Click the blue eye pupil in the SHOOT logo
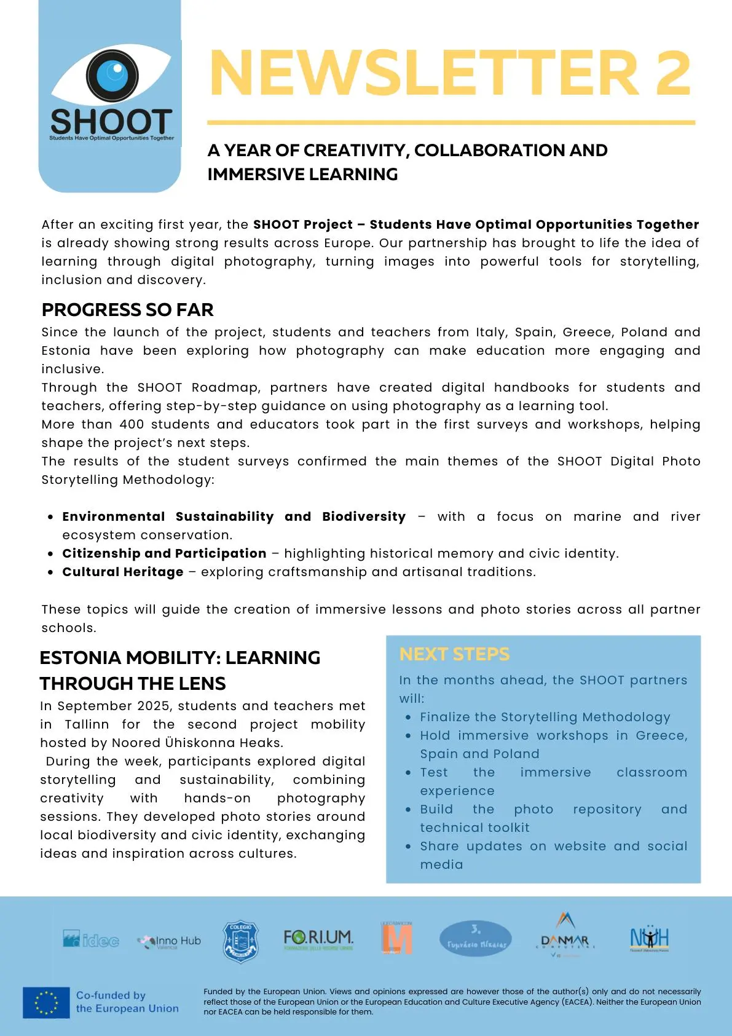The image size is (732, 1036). (112, 75)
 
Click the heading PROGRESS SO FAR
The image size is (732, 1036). (127, 309)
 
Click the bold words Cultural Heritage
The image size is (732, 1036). (123, 572)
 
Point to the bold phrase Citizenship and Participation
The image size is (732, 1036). (164, 553)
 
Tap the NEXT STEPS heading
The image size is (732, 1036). (454, 654)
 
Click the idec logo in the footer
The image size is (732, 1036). (91, 939)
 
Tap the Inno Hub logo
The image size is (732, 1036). (170, 941)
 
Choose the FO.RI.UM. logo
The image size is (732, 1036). (318, 939)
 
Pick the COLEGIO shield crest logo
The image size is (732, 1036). (240, 941)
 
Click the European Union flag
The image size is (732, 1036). (46, 1002)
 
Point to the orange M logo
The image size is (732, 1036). (396, 939)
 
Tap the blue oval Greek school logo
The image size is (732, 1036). (476, 939)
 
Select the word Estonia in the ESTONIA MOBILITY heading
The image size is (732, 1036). (80, 657)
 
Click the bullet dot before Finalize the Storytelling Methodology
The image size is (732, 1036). (408, 718)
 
